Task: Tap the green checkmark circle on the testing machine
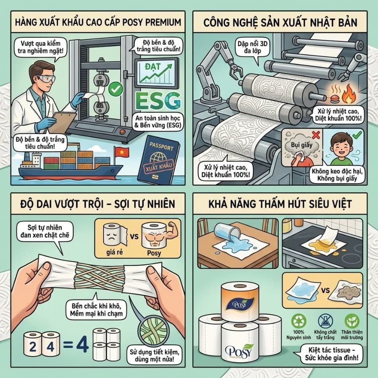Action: click(116, 89)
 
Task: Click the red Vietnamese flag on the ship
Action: click(121, 152)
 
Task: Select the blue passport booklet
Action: click(159, 160)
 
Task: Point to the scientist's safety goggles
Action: click(46, 79)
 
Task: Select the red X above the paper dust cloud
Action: click(316, 135)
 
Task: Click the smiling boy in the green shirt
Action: click(342, 150)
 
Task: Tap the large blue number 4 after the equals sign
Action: click(82, 343)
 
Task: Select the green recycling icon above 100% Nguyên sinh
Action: click(299, 321)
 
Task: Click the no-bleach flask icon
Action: click(325, 321)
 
